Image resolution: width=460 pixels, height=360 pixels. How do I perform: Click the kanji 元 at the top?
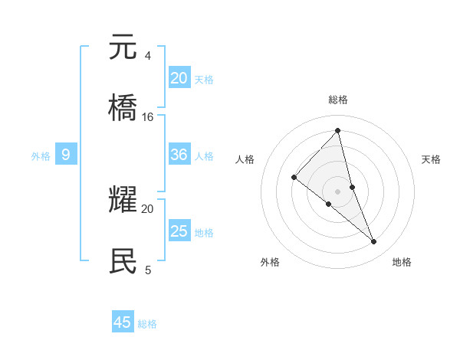pos(123,47)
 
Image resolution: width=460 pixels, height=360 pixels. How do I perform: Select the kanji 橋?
pos(123,108)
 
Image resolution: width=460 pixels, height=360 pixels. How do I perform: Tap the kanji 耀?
pos(123,199)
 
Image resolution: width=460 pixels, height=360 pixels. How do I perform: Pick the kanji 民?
pos(123,260)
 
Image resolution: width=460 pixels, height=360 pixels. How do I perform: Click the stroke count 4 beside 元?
pos(147,56)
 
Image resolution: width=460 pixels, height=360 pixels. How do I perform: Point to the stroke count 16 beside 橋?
pos(148,117)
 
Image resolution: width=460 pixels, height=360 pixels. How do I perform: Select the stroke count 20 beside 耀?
pos(148,208)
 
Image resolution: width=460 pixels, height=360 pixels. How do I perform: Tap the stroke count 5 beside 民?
pos(147,270)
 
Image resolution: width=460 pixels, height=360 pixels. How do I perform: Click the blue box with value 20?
pos(179,78)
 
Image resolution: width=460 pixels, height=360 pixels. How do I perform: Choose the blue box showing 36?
pos(179,155)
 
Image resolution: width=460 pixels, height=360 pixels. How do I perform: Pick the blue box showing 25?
pos(179,231)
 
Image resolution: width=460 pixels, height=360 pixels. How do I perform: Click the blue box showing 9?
pos(66,155)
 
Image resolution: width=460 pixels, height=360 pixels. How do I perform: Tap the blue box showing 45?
pos(123,322)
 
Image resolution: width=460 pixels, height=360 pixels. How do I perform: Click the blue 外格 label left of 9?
pos(41,156)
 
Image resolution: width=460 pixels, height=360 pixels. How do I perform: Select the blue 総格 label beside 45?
pos(147,324)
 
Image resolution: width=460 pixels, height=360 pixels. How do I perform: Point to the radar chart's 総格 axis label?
pos(337,100)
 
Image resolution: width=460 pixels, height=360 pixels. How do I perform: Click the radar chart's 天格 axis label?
pos(432,159)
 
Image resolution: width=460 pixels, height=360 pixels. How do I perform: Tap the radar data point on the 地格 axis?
pos(374,242)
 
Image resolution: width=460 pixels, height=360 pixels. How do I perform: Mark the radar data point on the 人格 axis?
pos(294,178)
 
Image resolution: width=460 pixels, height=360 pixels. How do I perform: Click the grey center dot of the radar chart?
pos(337,191)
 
